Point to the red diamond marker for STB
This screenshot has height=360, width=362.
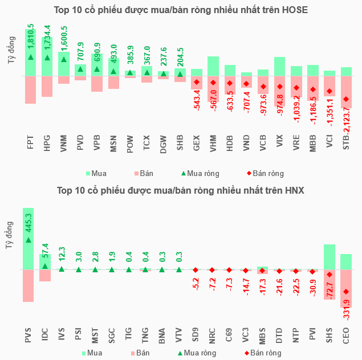[x=346, y=99]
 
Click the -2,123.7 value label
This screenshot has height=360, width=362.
[x=347, y=129]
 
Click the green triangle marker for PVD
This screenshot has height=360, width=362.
[x=80, y=69]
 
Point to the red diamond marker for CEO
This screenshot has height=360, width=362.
[x=346, y=292]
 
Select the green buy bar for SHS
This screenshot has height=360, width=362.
[x=330, y=256]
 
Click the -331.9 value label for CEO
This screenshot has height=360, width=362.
[x=347, y=311]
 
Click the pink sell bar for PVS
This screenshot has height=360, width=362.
[x=29, y=285]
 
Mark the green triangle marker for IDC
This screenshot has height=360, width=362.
[x=45, y=266]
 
